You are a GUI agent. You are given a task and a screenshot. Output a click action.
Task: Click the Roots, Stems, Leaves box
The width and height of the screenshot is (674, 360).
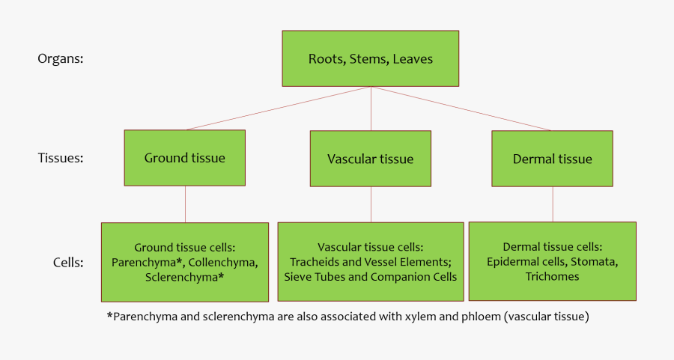tap(370, 58)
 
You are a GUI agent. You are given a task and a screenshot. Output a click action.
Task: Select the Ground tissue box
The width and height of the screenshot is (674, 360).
tap(184, 158)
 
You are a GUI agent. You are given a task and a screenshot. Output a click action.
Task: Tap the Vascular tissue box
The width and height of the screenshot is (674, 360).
tap(370, 159)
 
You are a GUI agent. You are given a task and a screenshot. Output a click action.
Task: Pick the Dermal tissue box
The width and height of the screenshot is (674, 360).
tap(552, 159)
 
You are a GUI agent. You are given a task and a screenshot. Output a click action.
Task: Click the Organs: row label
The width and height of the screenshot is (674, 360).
tap(60, 59)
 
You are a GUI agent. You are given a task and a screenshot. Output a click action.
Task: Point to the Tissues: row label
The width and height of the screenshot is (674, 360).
tap(60, 158)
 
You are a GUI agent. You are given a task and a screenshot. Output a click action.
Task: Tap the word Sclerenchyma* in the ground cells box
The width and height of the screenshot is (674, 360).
tap(185, 277)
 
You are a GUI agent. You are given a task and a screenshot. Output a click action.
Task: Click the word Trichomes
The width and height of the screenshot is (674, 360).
tap(552, 276)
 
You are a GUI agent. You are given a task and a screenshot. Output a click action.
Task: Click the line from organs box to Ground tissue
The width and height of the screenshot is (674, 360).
tap(277, 109)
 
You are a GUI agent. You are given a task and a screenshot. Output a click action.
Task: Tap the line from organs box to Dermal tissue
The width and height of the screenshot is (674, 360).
tap(461, 109)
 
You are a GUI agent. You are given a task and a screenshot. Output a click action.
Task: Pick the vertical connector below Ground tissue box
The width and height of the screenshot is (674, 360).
tap(185, 204)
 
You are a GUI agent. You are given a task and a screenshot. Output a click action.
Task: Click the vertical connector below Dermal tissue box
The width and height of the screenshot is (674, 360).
tap(553, 204)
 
